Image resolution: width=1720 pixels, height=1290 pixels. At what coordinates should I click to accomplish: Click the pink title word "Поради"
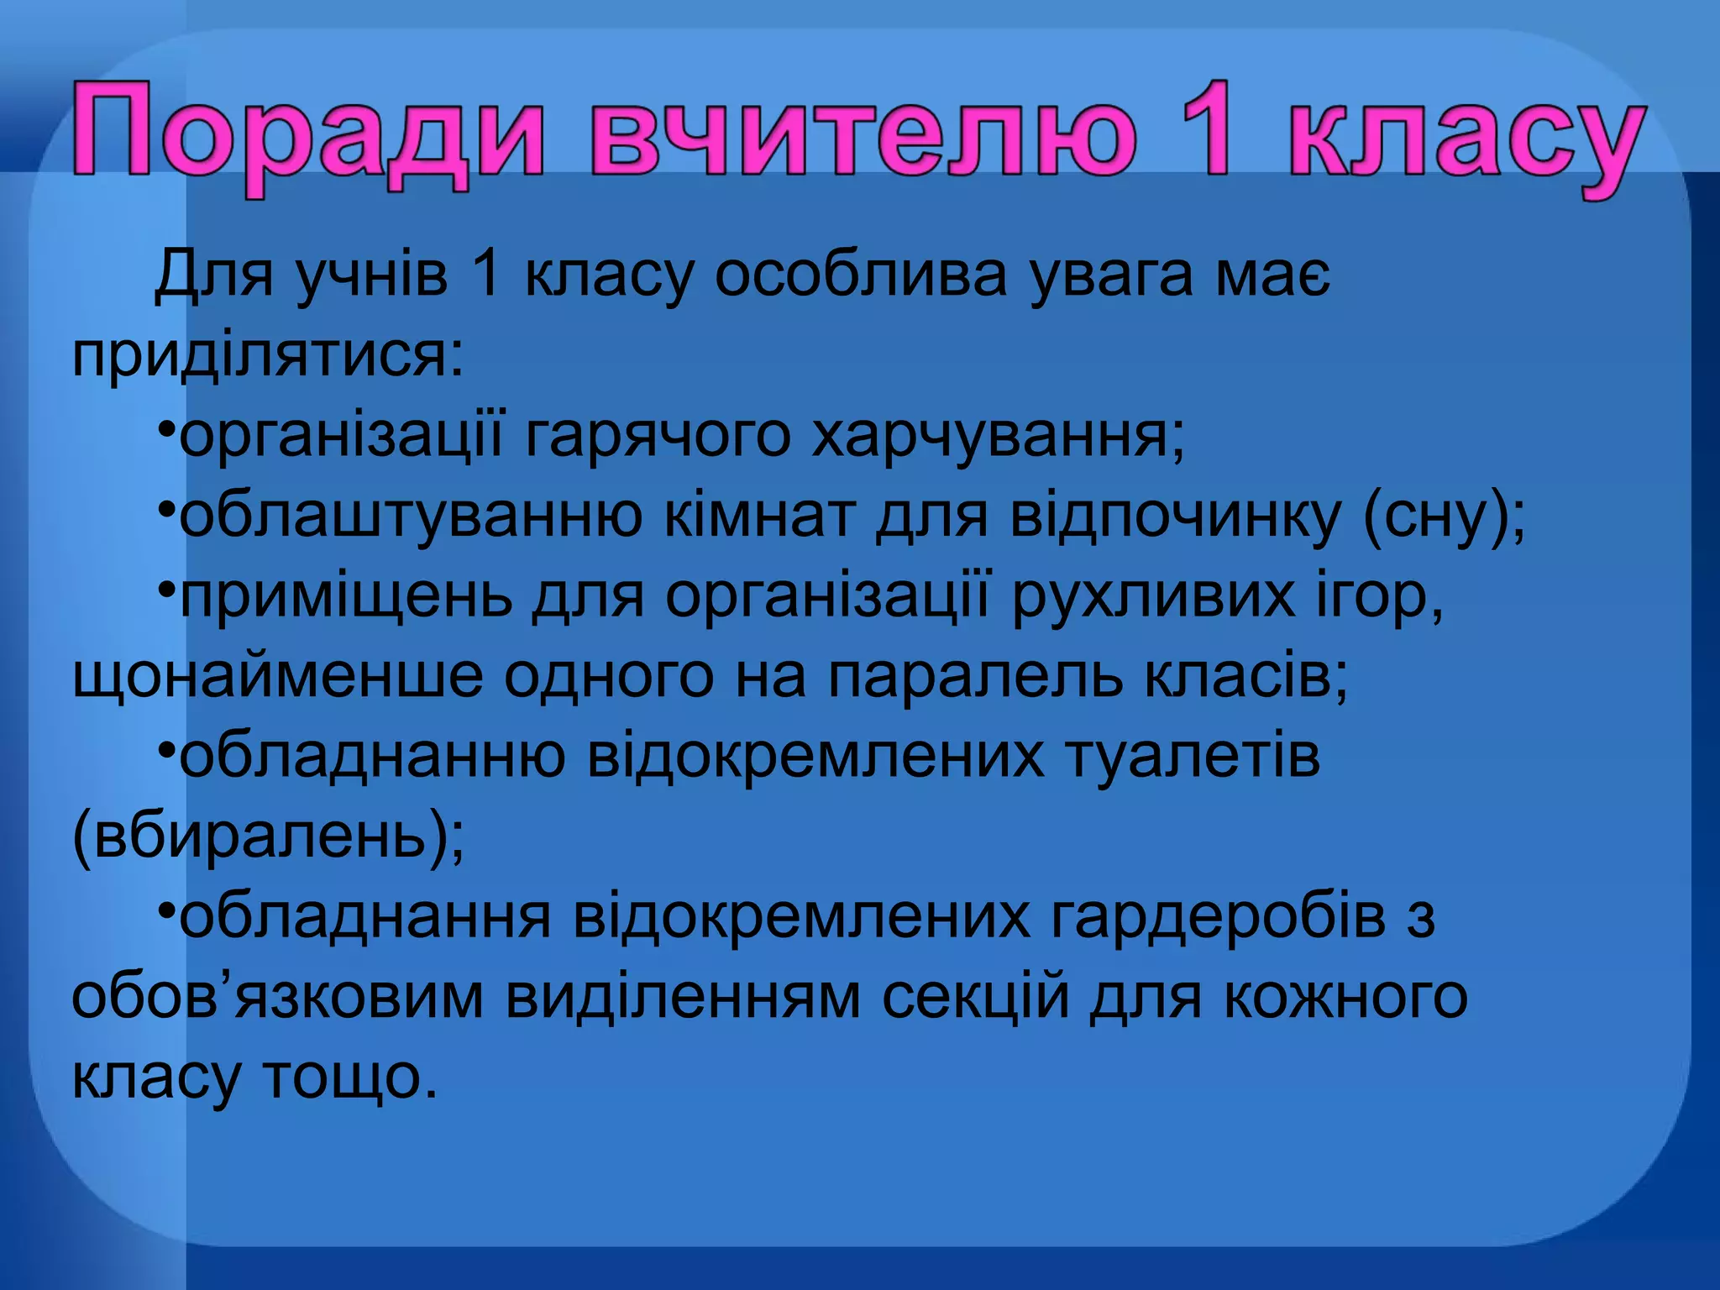tap(307, 134)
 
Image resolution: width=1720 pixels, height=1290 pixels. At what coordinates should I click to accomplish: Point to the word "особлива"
tap(860, 274)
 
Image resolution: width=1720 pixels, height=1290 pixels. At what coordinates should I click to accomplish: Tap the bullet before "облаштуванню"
tap(166, 509)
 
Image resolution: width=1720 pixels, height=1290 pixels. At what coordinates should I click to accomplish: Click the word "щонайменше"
tap(278, 677)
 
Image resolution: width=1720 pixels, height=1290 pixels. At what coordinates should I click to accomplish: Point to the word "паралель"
tap(975, 677)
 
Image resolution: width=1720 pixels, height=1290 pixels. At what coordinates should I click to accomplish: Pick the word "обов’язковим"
tap(278, 998)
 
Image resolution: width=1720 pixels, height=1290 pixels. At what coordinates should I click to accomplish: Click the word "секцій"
tap(975, 998)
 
